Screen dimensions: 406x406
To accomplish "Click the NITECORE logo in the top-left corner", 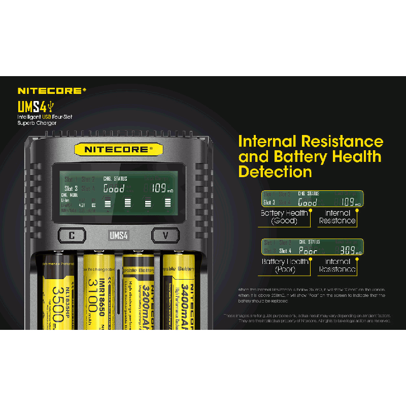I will coord(49,91).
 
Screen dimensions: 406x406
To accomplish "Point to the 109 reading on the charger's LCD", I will coord(161,189).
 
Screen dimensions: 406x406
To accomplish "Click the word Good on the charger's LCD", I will coord(114,189).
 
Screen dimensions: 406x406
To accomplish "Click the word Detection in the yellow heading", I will coord(275,172).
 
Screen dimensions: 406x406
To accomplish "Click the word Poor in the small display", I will coord(308,251).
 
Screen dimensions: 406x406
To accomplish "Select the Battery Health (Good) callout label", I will coord(284,217).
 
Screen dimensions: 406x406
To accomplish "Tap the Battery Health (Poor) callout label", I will coord(284,265).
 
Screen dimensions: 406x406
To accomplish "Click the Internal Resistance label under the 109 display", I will coord(337,217).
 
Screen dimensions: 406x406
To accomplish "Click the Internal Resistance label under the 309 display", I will coord(337,265).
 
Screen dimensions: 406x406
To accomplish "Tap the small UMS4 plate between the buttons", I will coord(117,235).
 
